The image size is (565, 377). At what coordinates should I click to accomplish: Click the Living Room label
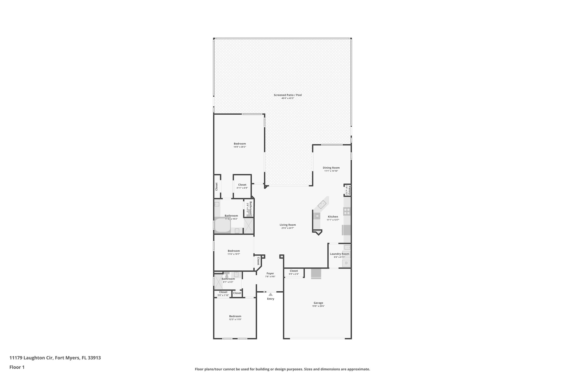point(287,225)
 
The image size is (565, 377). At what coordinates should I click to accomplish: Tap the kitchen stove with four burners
point(347,211)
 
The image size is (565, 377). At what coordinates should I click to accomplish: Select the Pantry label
point(349,190)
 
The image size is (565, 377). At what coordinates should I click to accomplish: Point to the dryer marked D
point(346,263)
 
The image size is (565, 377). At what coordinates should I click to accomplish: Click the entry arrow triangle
point(271,294)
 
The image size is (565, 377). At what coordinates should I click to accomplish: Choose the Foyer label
point(270,273)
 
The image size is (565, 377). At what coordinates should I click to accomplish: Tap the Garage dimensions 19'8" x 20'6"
point(318,306)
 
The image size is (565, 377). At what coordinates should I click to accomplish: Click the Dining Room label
point(331,168)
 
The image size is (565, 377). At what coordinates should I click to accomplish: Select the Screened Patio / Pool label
point(287,95)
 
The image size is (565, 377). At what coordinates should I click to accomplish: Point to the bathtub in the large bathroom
point(222,225)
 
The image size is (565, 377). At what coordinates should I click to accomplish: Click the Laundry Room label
point(339,254)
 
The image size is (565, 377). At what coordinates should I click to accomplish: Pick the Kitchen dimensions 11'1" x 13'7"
point(333,220)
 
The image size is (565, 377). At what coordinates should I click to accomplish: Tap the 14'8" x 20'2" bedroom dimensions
point(239,147)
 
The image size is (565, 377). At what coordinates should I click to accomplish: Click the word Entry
point(271,299)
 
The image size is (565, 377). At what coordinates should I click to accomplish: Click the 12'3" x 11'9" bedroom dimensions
point(235,319)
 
